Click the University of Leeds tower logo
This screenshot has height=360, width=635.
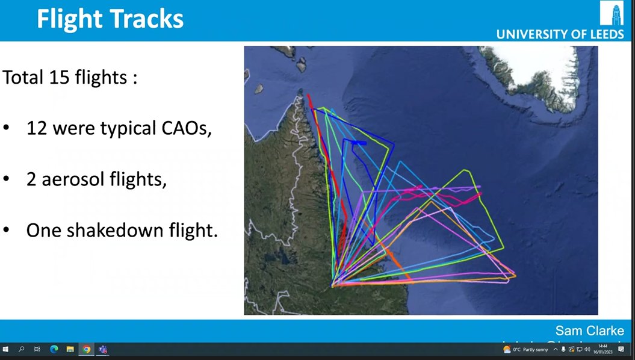coord(612,13)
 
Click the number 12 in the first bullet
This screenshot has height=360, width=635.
coord(38,128)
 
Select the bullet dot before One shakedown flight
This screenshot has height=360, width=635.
coord(7,231)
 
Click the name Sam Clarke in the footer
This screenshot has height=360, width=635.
coord(589,331)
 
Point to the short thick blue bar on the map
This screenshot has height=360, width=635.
coord(359,143)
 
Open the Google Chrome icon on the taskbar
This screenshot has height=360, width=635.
coord(86,349)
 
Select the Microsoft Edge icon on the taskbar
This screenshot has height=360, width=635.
coord(54,349)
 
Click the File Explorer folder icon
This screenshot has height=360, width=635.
coord(70,349)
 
